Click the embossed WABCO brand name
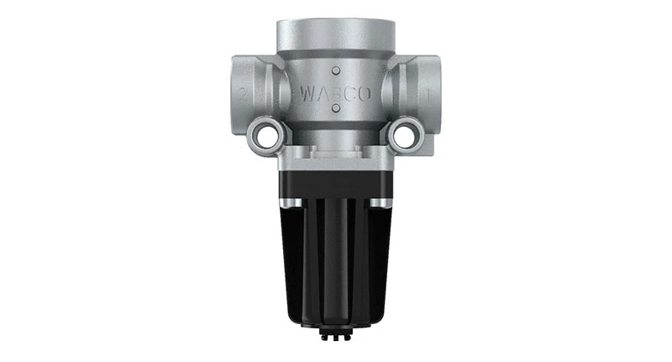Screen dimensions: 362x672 [335, 92]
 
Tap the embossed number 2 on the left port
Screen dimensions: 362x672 [243, 95]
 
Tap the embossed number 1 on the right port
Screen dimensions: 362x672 [429, 95]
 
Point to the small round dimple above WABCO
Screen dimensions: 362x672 [335, 71]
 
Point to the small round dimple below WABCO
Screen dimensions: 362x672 [335, 109]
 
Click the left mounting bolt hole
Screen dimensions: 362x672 [266, 135]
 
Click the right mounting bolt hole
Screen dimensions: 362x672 [404, 135]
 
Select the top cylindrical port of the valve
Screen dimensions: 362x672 [335, 34]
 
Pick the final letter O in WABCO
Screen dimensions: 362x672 [364, 92]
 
